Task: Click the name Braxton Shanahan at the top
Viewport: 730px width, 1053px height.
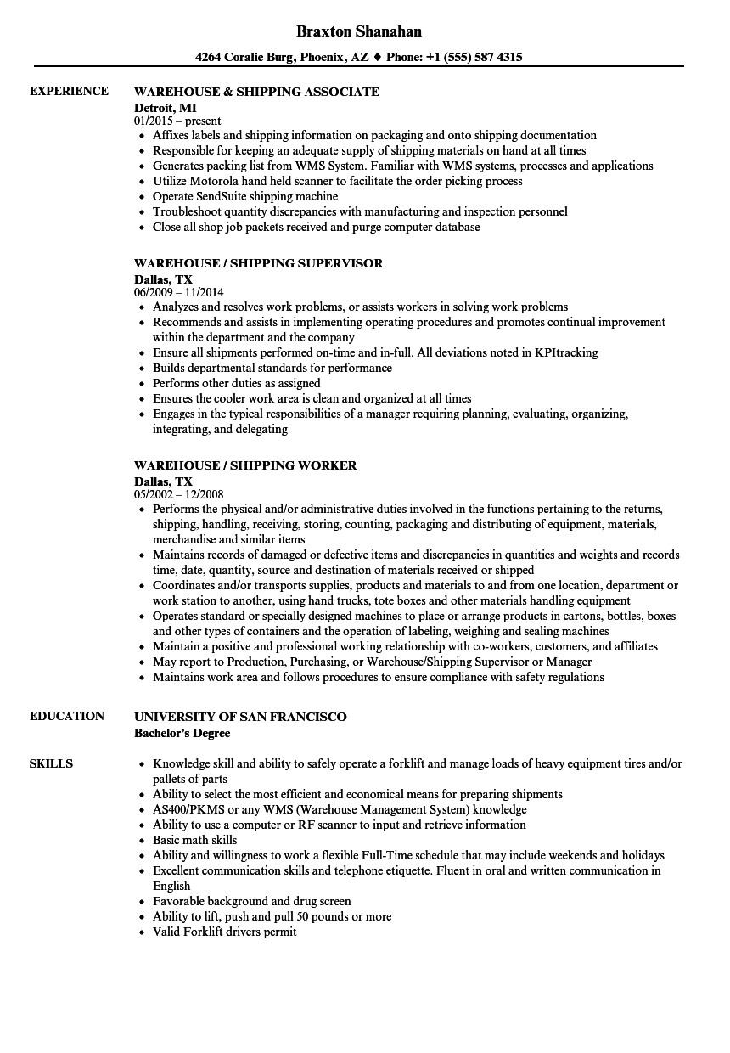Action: (359, 31)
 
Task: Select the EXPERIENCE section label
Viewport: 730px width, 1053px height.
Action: (69, 91)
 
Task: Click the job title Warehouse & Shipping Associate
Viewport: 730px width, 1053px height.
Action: (257, 92)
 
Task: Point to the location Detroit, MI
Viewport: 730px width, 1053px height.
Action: (166, 107)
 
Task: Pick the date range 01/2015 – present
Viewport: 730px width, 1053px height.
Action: (178, 121)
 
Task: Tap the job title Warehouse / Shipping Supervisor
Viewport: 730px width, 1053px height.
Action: (259, 263)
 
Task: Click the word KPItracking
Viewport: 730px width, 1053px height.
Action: (566, 352)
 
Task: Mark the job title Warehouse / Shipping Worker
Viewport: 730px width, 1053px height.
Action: (246, 465)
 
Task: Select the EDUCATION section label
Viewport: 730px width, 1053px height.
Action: (67, 716)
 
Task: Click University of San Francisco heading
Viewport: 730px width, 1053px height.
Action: (241, 717)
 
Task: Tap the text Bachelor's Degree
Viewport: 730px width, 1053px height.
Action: (182, 732)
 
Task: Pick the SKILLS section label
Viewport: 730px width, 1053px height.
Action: (51, 763)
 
